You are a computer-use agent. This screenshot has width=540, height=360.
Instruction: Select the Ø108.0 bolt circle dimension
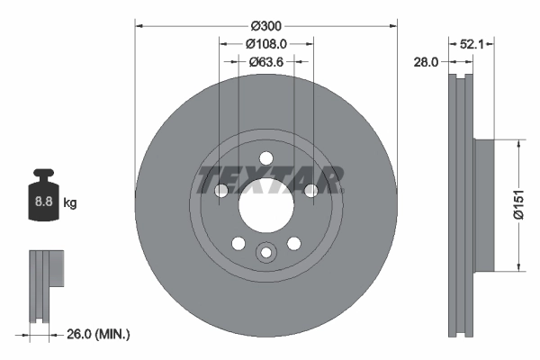(x=266, y=43)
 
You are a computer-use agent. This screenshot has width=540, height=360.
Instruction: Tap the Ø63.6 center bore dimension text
(x=266, y=62)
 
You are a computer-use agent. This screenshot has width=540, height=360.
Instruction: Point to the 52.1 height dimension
(x=474, y=43)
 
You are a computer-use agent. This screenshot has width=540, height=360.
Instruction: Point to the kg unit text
(x=69, y=203)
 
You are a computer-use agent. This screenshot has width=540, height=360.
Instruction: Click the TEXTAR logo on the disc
(x=266, y=179)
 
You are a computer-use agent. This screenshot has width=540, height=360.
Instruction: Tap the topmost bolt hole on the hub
(x=266, y=158)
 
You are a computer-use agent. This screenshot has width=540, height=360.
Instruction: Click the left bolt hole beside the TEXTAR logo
(x=222, y=190)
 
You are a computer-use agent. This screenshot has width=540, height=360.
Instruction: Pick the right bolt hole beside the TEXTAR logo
(x=310, y=190)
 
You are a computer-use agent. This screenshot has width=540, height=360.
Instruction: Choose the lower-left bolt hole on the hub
(x=238, y=243)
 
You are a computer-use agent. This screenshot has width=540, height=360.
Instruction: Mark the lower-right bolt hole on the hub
(x=294, y=243)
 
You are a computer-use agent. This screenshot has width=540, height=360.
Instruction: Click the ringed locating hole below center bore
(x=266, y=253)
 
